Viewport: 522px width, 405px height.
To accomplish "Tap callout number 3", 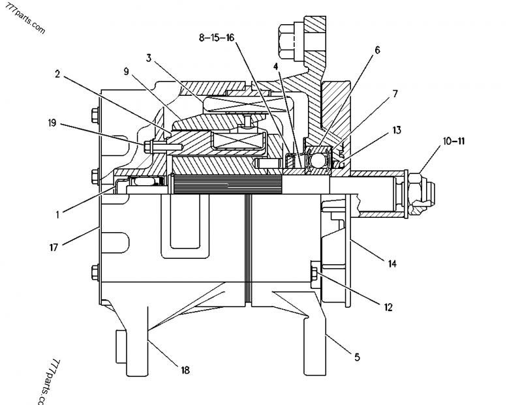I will [x=149, y=57].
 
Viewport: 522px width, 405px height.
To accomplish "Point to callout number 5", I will [x=357, y=357].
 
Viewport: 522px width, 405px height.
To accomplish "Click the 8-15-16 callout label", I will [x=217, y=38].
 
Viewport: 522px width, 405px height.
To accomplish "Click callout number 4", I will [x=277, y=65].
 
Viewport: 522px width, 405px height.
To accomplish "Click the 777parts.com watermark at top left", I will [x=25, y=19].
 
